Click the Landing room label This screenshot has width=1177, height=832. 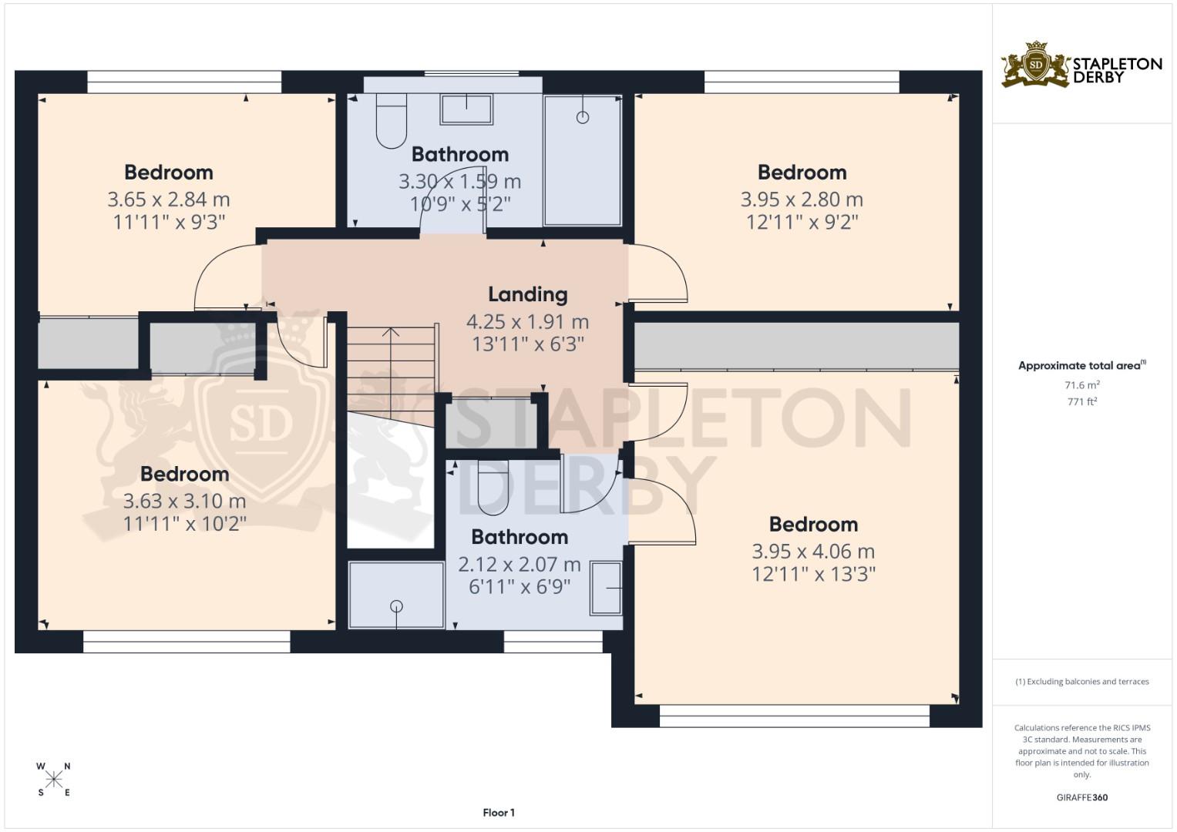(527, 294)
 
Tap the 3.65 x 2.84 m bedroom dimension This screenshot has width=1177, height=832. (169, 200)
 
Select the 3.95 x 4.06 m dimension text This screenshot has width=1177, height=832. (813, 552)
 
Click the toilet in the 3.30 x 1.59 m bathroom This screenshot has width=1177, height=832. (392, 122)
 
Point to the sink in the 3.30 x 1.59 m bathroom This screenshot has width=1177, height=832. (466, 109)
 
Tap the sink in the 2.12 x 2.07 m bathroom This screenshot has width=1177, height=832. (607, 588)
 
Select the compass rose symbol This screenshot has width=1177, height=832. (54, 780)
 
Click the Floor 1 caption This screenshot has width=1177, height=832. (499, 813)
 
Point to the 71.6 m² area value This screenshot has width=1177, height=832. (1082, 385)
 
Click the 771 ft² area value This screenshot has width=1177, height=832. (1082, 402)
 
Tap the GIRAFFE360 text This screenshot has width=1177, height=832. (1082, 797)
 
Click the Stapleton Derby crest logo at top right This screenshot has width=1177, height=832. (1035, 65)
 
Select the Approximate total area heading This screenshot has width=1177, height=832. (1082, 366)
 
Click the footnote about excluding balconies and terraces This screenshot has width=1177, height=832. (1082, 682)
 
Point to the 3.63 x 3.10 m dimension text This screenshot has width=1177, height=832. (184, 501)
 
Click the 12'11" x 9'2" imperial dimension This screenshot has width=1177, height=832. (802, 222)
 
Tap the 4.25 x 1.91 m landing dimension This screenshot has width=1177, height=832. (527, 321)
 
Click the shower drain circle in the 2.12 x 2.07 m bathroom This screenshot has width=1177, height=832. (397, 606)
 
